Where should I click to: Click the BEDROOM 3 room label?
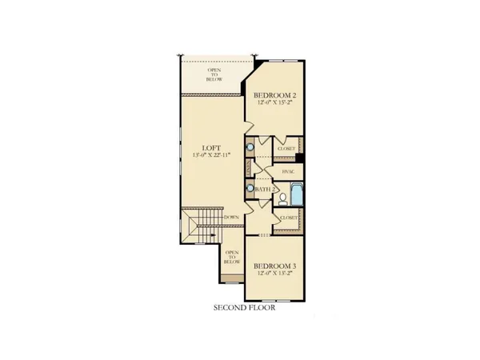click(x=277, y=266)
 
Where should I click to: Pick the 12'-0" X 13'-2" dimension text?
click(x=277, y=275)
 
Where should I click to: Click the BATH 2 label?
click(x=266, y=189)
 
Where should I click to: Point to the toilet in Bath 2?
click(x=282, y=193)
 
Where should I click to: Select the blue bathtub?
click(x=297, y=194)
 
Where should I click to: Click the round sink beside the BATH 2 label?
click(x=251, y=189)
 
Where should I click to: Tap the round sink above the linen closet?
click(x=251, y=147)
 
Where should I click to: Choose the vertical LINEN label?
click(x=250, y=168)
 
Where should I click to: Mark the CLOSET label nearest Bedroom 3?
click(x=287, y=218)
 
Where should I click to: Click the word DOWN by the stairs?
click(x=232, y=218)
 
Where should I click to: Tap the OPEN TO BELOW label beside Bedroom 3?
click(x=231, y=256)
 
